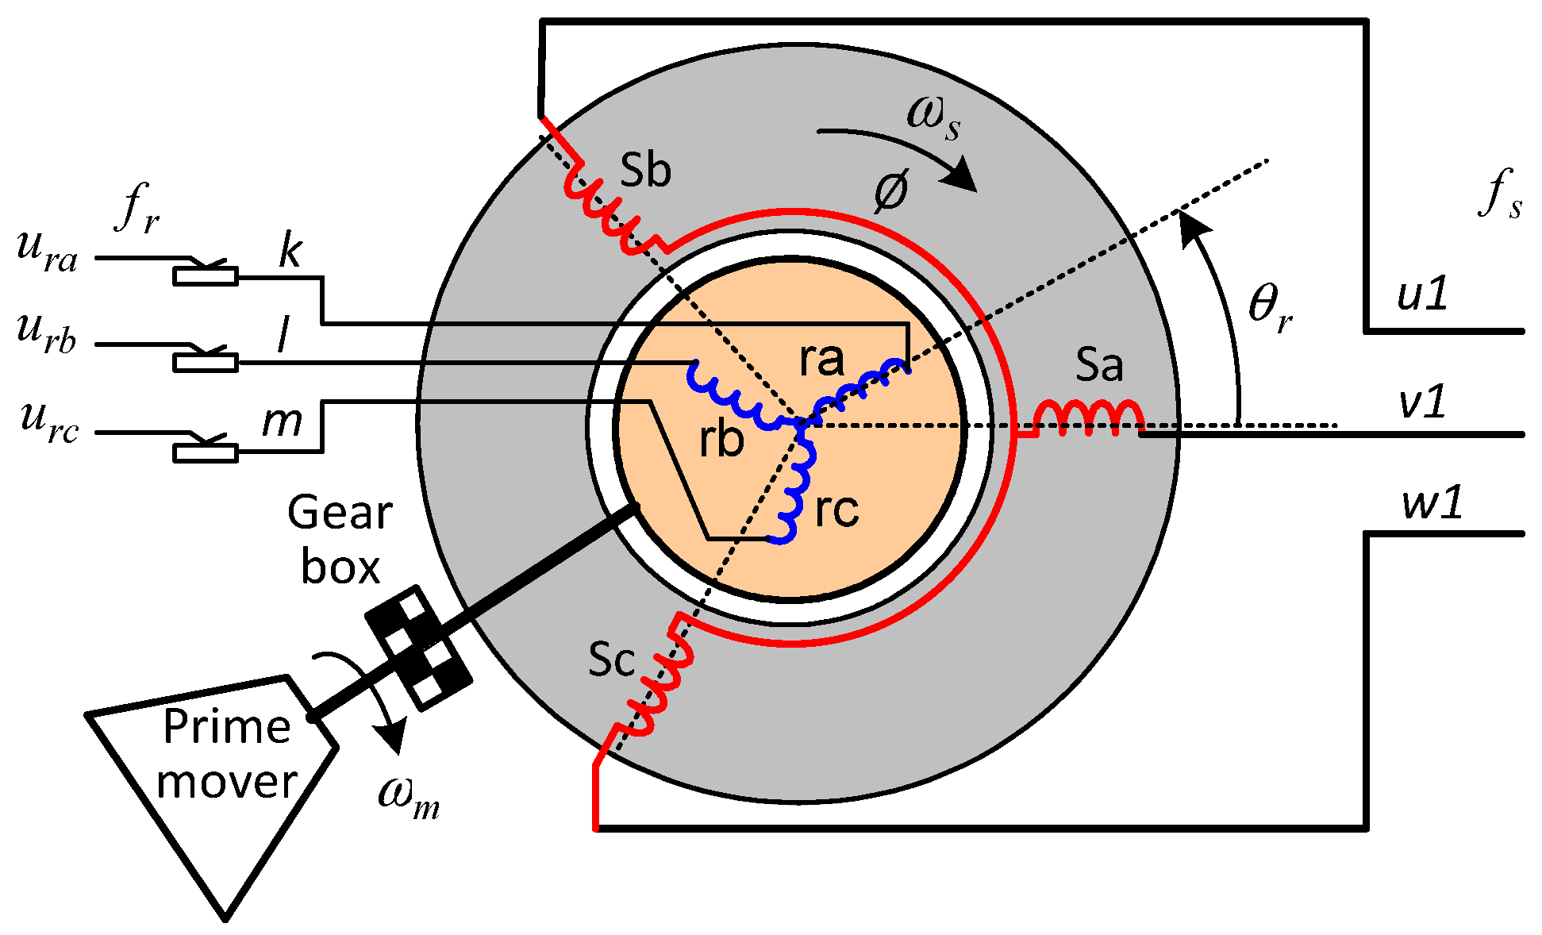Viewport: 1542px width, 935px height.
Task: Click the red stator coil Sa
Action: pyautogui.click(x=1089, y=417)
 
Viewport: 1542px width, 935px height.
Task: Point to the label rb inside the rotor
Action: pyautogui.click(x=721, y=441)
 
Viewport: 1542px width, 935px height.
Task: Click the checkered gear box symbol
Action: pyautogui.click(x=419, y=648)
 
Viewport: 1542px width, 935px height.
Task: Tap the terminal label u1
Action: pyautogui.click(x=1422, y=295)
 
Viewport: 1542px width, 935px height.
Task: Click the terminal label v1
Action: pyautogui.click(x=1422, y=402)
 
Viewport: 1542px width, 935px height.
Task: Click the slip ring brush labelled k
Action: pyautogui.click(x=206, y=275)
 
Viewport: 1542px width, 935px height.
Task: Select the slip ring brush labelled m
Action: pyautogui.click(x=206, y=452)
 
